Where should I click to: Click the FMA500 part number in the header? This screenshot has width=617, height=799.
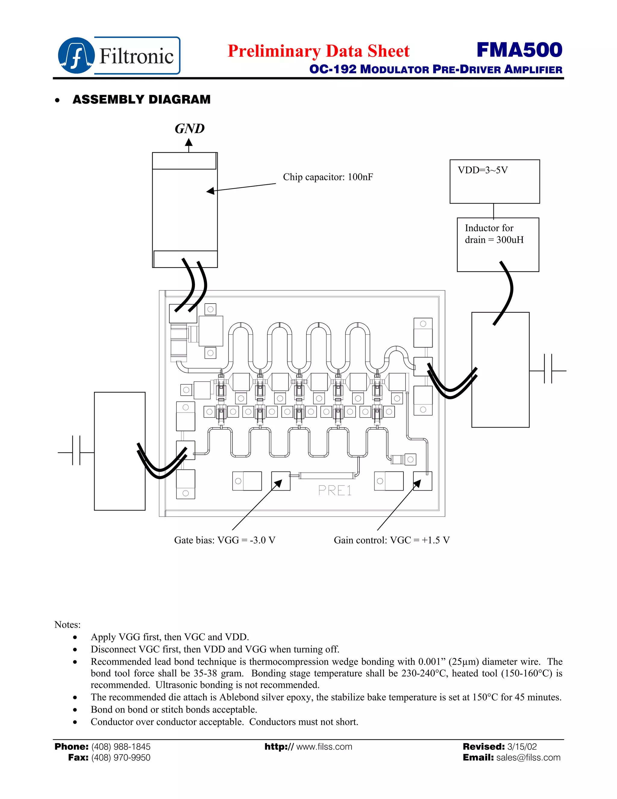pyautogui.click(x=519, y=50)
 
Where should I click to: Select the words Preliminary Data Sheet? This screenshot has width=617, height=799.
pyautogui.click(x=318, y=51)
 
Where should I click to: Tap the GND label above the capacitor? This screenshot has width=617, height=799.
pyautogui.click(x=189, y=129)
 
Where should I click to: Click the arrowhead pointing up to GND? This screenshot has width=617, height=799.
pyautogui.click(x=189, y=142)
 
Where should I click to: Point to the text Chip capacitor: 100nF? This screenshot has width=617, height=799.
pyautogui.click(x=328, y=177)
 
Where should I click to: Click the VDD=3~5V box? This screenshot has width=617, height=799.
pyautogui.click(x=495, y=182)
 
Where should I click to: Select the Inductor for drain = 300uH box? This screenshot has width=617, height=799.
pyautogui.click(x=498, y=245)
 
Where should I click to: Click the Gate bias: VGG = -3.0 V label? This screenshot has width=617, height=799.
pyautogui.click(x=224, y=540)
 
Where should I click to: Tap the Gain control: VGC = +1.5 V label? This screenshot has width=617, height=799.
pyautogui.click(x=391, y=540)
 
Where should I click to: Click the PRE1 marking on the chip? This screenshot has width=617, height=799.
pyautogui.click(x=335, y=491)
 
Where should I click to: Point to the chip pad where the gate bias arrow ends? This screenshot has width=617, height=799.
pyautogui.click(x=281, y=481)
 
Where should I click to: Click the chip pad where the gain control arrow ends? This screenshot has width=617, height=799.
pyautogui.click(x=423, y=481)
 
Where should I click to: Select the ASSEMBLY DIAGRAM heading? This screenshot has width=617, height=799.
pyautogui.click(x=142, y=99)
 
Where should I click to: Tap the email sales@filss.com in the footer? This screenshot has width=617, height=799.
pyautogui.click(x=528, y=758)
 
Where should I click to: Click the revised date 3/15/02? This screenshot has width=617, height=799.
pyautogui.click(x=522, y=747)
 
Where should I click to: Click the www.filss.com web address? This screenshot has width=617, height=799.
pyautogui.click(x=324, y=747)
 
